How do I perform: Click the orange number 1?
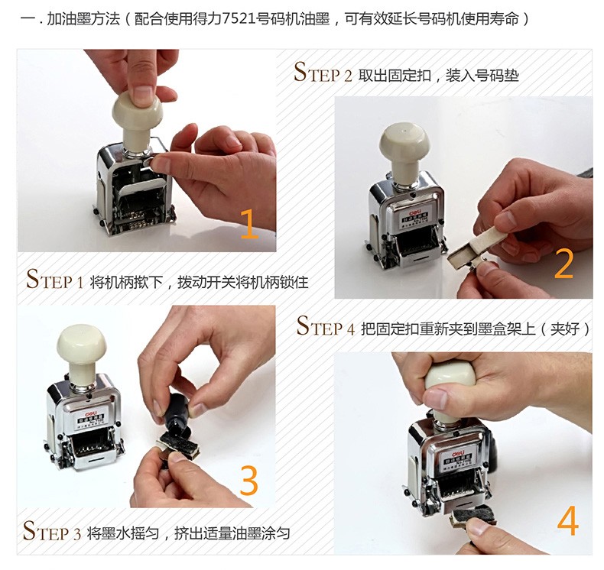coord(249,224)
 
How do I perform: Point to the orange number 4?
coord(568,520)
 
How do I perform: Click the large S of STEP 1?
coord(34,279)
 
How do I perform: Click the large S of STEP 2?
coord(300,71)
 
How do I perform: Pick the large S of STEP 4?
coord(304,325)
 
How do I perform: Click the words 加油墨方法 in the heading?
coord(83,18)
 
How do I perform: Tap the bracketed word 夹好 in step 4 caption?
coord(565,329)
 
